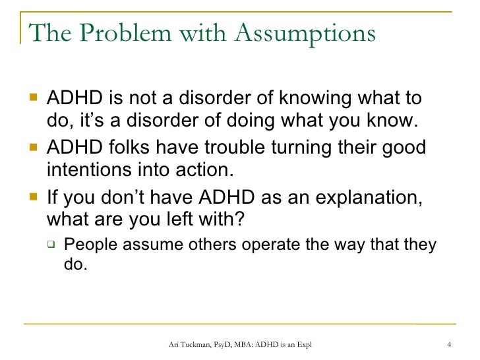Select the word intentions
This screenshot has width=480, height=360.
point(86,171)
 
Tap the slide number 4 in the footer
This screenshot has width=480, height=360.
point(448,344)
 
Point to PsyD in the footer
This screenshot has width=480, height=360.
point(227,344)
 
